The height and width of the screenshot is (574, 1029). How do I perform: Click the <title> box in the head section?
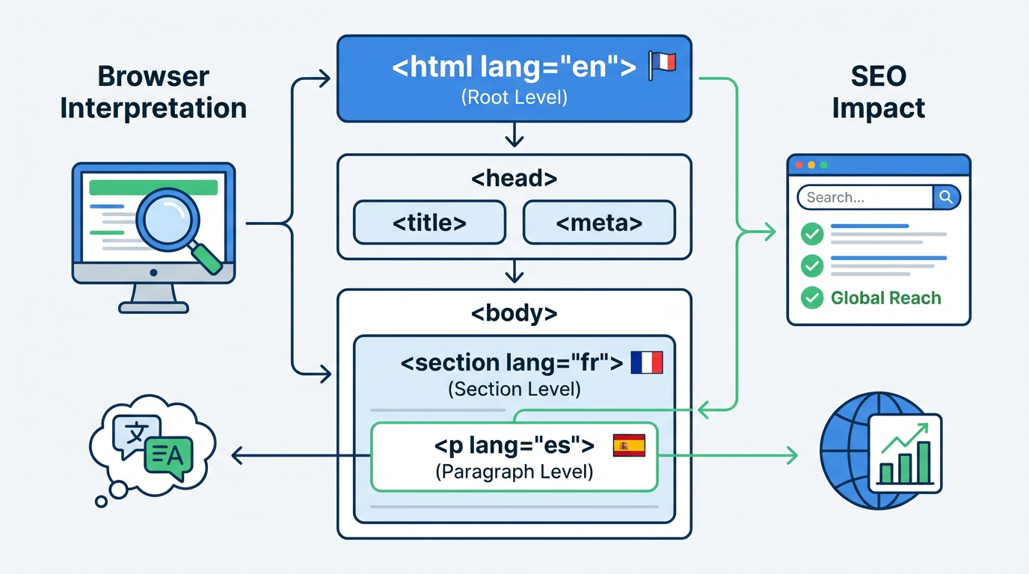point(429,222)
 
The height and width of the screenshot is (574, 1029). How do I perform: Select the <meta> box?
point(599,222)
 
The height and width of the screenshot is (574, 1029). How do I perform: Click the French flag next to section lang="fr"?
point(647,363)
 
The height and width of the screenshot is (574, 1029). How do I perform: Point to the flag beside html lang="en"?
point(662,63)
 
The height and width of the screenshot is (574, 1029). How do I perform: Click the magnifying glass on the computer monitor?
point(171,217)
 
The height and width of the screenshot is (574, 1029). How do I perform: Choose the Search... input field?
point(865,197)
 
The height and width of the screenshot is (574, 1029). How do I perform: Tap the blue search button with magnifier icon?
point(946,197)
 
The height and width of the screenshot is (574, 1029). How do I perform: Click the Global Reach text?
point(885,298)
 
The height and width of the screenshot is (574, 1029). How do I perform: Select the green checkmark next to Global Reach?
point(812,298)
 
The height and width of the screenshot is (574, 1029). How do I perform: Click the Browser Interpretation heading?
point(153,92)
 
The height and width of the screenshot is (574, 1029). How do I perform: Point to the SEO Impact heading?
point(878,92)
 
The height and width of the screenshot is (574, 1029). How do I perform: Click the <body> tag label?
point(514,313)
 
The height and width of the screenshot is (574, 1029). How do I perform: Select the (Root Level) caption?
point(514,97)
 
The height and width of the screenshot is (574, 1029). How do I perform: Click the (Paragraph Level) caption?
point(514,472)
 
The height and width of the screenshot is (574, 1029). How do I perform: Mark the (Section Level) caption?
point(514,389)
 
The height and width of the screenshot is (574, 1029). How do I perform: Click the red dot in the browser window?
point(799,164)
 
